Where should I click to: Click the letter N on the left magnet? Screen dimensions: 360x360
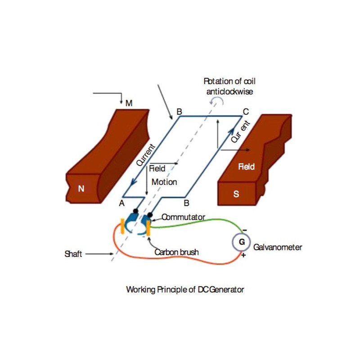coord(81,189)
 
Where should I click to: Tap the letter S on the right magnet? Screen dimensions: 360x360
coord(236,194)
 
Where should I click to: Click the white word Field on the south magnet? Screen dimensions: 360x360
coord(246,167)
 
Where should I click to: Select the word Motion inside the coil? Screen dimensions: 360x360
coord(164,182)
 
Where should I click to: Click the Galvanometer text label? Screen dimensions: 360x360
coord(278,247)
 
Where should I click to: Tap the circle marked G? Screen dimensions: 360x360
coord(242,242)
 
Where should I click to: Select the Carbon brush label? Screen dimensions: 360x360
coord(176,252)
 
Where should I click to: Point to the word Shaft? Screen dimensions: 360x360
coord(73,254)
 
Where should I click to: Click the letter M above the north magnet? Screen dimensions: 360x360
coord(129,103)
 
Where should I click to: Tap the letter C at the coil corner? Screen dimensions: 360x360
coord(245,111)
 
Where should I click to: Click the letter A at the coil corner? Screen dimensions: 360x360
coord(121,203)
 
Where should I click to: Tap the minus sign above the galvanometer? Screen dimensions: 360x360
coord(244,230)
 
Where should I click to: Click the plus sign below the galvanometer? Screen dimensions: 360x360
coord(244,255)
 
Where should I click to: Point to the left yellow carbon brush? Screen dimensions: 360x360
coord(122,226)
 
